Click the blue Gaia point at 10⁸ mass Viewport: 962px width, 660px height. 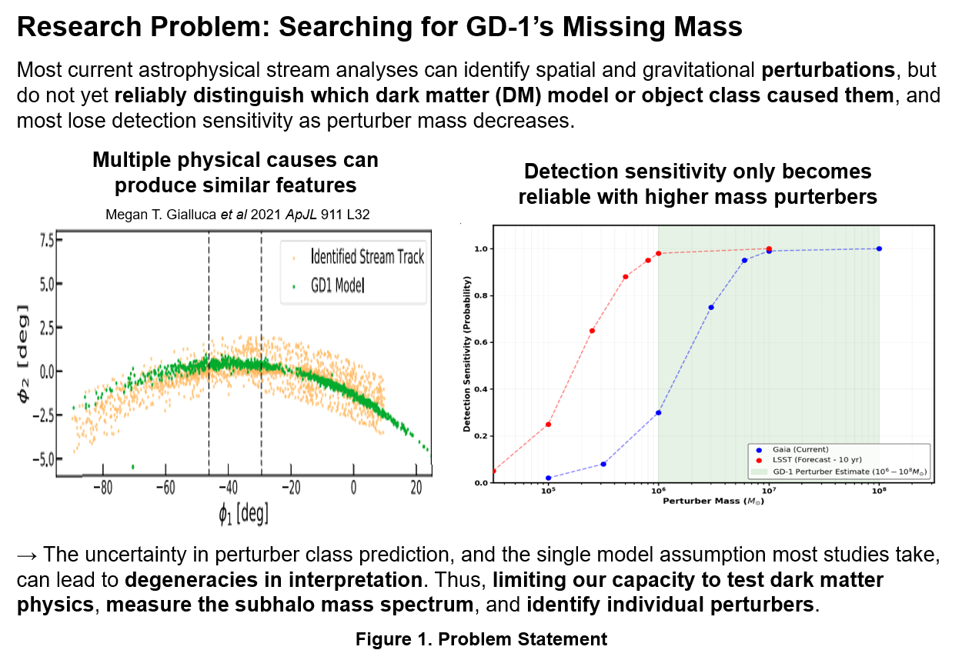[x=879, y=249]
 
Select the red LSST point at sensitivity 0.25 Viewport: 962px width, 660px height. [x=548, y=425]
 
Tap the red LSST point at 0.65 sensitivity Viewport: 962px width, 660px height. [x=593, y=331]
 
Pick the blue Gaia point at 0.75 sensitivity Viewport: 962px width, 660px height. [x=711, y=307]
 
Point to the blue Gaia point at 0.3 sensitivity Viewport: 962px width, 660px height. [x=658, y=413]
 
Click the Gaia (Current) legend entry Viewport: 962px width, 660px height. [x=792, y=450]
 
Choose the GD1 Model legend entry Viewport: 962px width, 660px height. [x=329, y=285]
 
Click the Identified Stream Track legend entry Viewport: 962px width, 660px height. [x=358, y=257]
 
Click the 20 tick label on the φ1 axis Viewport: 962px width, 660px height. [x=416, y=488]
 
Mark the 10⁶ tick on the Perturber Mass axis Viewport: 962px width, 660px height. [x=658, y=491]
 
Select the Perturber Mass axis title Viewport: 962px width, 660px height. [x=713, y=502]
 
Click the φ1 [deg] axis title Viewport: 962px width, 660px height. [x=243, y=514]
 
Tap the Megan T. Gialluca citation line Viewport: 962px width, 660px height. [x=238, y=214]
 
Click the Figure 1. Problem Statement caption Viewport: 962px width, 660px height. [x=482, y=639]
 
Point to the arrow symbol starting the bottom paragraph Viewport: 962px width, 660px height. [x=27, y=556]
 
